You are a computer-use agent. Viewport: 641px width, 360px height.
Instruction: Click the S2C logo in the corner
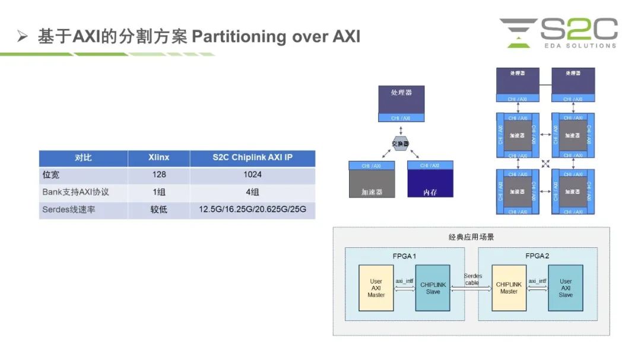558,33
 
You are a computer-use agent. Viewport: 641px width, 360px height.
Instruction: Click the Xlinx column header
158,158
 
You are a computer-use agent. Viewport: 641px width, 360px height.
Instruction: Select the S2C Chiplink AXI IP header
252,158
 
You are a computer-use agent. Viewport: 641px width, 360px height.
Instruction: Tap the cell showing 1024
252,175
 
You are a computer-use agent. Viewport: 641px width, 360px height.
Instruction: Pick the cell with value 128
158,175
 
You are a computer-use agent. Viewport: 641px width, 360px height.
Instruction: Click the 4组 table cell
252,193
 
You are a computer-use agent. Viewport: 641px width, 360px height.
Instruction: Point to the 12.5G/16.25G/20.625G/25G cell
252,210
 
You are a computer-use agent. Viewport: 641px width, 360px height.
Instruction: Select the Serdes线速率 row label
69,210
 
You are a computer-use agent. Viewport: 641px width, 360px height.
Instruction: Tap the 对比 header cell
83,158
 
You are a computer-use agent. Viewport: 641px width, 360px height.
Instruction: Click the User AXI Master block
376,288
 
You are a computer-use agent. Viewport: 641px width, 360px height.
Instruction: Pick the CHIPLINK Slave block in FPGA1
433,288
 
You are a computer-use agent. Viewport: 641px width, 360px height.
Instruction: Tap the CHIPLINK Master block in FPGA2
509,288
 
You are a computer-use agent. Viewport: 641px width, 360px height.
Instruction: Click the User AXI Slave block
566,288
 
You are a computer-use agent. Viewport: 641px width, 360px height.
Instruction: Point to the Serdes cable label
472,279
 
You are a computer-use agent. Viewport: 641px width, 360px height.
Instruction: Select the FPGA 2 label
537,254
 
